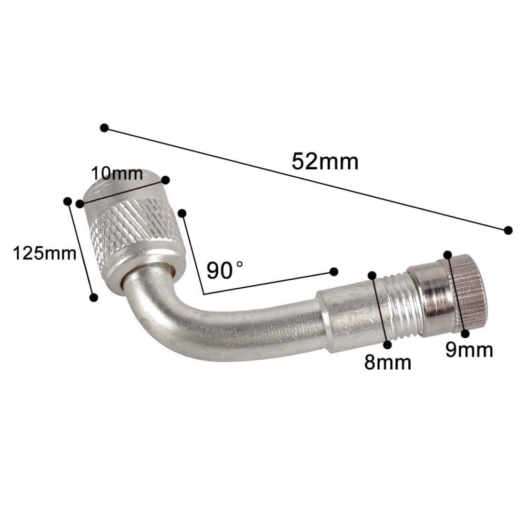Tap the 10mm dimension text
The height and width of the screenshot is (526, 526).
pos(117,174)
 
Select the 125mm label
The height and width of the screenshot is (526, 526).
pos(45,254)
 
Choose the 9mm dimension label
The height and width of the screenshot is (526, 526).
pos(469,349)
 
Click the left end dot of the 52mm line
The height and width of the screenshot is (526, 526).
pos(104,128)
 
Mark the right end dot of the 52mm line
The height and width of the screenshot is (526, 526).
pos(508,230)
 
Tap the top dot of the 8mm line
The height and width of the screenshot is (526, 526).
pos(372,275)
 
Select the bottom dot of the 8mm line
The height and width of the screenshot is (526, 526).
pos(388,345)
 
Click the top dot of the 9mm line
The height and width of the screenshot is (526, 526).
pos(448,255)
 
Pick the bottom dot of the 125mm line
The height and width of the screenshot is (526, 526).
pos(94,298)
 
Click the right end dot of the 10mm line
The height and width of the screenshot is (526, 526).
pos(165,180)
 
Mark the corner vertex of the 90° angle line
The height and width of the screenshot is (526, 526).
pos(203,292)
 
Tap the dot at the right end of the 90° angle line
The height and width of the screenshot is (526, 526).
pos(333,271)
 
